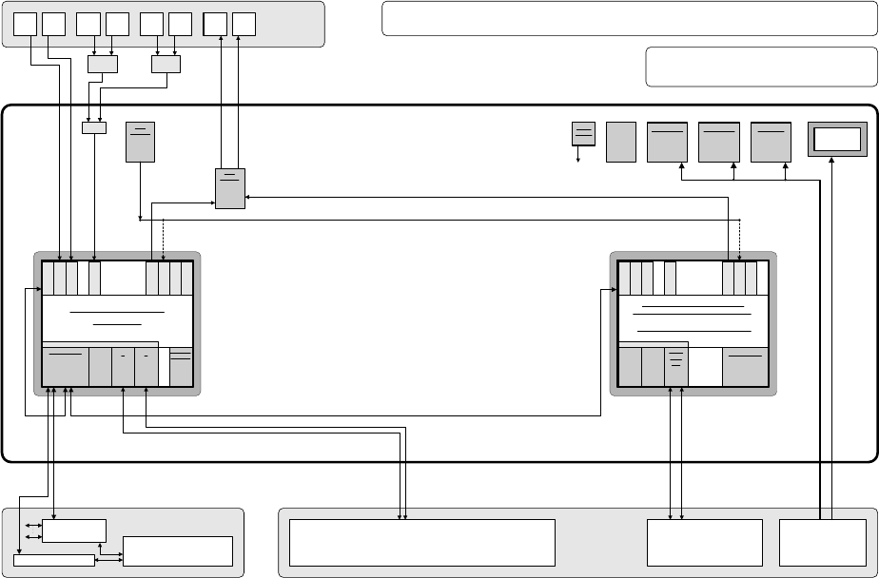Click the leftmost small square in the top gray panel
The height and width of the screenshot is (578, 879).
(x=26, y=24)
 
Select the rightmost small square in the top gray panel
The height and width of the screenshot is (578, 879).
(x=244, y=24)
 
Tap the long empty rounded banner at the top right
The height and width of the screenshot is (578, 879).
(x=628, y=19)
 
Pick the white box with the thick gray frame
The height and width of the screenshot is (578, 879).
(x=837, y=139)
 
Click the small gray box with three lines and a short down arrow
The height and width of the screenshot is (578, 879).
(x=583, y=133)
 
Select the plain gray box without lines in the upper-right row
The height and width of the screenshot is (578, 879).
(x=621, y=142)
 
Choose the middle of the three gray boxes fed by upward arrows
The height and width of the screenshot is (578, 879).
(x=719, y=142)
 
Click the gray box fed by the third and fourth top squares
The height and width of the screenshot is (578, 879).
(x=103, y=64)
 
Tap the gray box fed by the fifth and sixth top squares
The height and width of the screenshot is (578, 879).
(x=166, y=64)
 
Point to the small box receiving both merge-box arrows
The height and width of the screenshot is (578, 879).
(x=94, y=127)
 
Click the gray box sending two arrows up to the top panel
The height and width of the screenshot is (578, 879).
(x=230, y=188)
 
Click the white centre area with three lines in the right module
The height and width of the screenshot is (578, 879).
(x=692, y=319)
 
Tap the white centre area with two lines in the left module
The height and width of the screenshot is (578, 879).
(x=117, y=317)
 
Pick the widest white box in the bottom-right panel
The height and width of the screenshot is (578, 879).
(x=421, y=543)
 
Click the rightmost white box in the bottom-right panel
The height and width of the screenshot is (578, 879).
(x=821, y=543)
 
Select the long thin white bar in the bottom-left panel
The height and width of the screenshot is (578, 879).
(x=54, y=560)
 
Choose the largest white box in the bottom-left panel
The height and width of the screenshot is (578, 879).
(x=178, y=551)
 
